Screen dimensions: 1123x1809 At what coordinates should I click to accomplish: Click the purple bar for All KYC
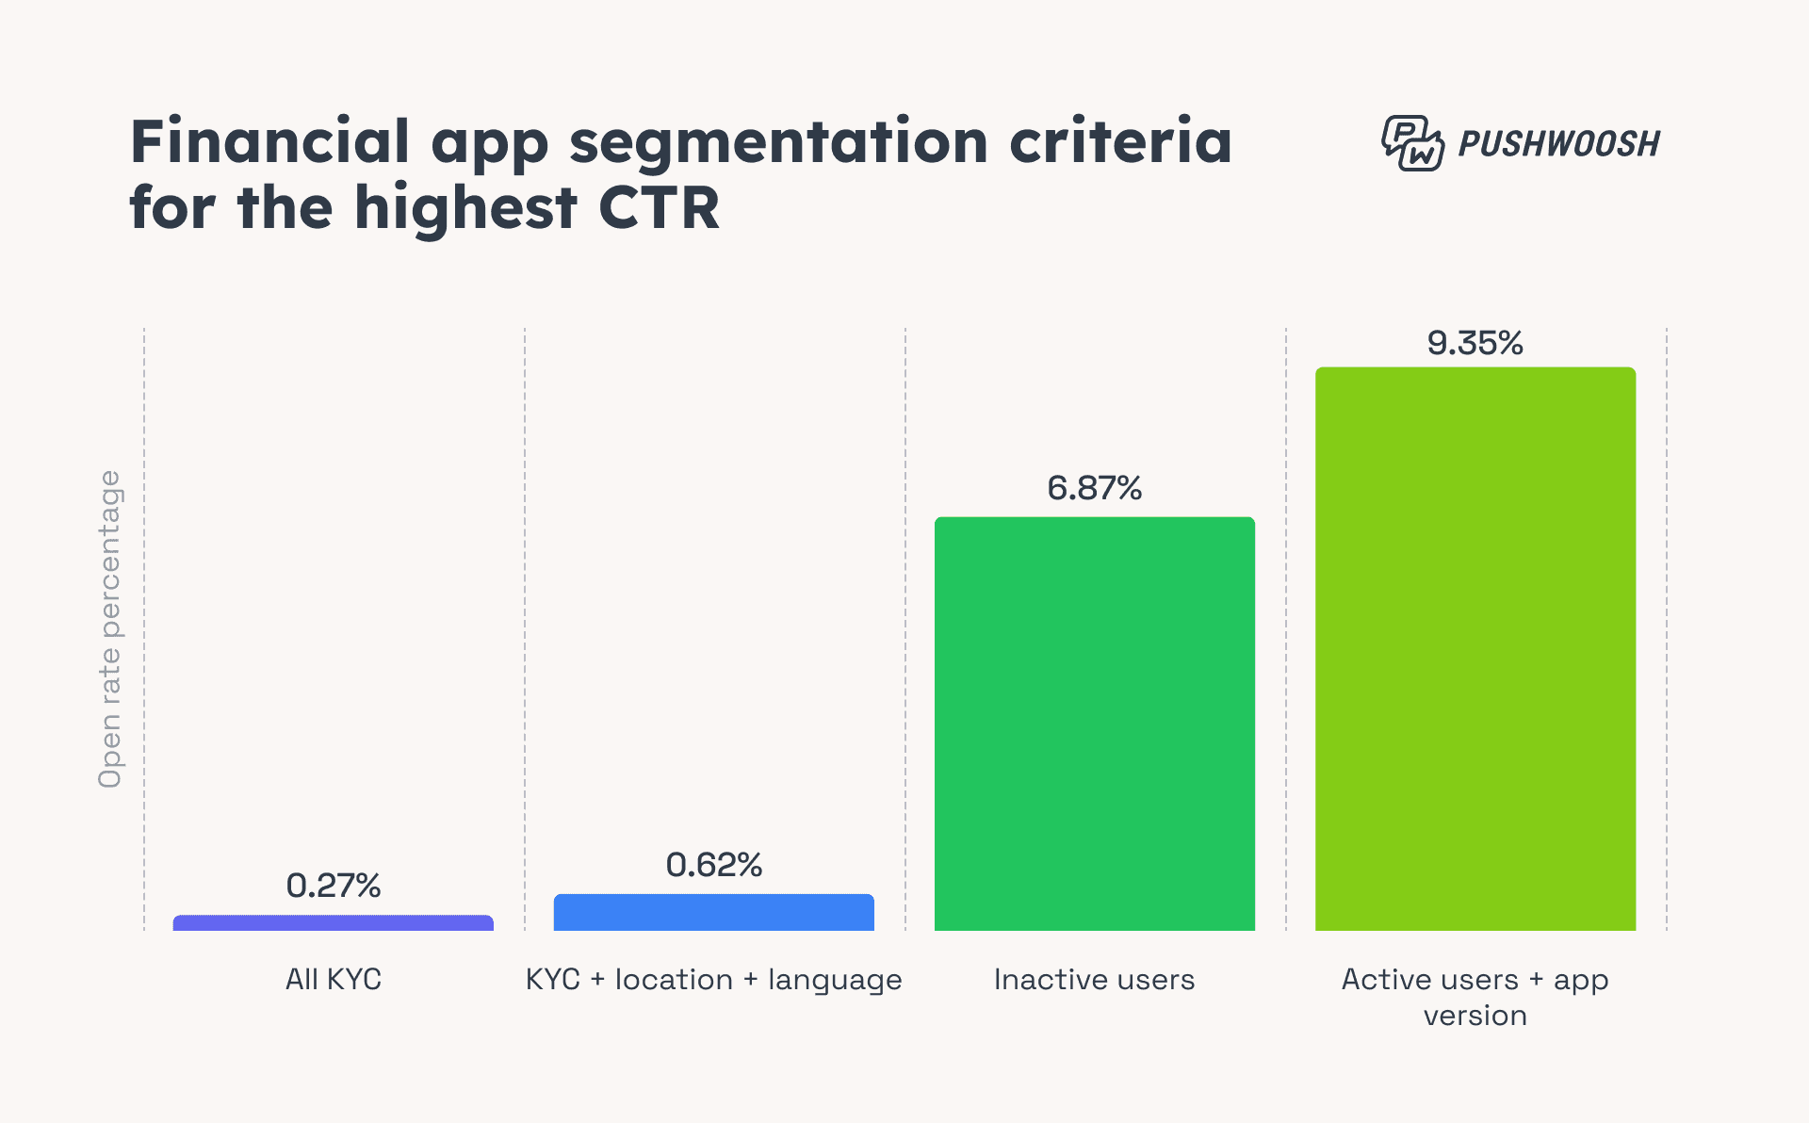[333, 923]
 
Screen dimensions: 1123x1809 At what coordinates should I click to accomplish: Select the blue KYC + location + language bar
[713, 913]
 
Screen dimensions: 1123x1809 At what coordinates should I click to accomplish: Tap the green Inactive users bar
[1094, 724]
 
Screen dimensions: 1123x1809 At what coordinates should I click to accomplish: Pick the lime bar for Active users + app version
[1475, 649]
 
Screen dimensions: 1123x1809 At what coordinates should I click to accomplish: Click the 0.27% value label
[333, 886]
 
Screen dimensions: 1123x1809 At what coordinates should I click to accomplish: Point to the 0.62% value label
[713, 865]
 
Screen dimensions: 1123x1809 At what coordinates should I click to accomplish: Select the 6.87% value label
[1094, 488]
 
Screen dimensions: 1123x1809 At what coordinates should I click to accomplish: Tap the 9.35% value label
[1475, 343]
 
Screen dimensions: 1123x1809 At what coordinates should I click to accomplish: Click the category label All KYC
[333, 980]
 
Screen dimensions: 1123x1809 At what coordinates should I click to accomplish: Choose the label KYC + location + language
[713, 980]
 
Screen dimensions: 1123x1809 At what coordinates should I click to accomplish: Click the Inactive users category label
[1094, 980]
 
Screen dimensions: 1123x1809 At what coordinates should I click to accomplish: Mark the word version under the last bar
[1475, 1016]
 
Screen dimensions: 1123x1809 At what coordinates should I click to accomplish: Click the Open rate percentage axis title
[110, 628]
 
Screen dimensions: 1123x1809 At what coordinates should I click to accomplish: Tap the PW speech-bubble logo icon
[1411, 143]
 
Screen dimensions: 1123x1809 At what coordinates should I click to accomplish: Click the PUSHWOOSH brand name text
[1558, 144]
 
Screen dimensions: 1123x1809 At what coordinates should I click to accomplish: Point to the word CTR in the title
[659, 208]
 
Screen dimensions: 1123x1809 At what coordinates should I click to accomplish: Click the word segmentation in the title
[777, 143]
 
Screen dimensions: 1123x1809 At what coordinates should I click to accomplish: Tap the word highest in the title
[464, 210]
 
